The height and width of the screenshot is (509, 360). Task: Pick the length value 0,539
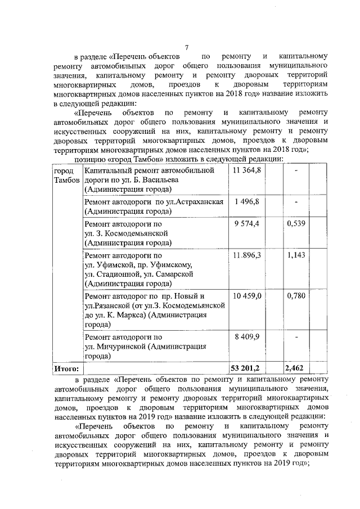(296, 224)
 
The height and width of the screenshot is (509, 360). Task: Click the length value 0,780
(296, 296)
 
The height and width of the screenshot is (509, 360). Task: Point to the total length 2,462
(295, 368)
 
